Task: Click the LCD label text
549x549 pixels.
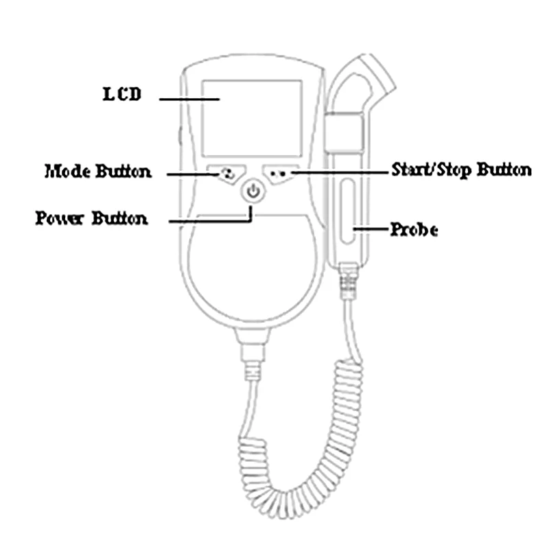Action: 122,94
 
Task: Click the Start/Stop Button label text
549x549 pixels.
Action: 460,170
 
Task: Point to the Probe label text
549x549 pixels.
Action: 414,229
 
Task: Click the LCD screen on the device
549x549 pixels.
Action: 252,119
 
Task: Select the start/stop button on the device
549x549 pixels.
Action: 280,173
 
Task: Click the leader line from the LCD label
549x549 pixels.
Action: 189,100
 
